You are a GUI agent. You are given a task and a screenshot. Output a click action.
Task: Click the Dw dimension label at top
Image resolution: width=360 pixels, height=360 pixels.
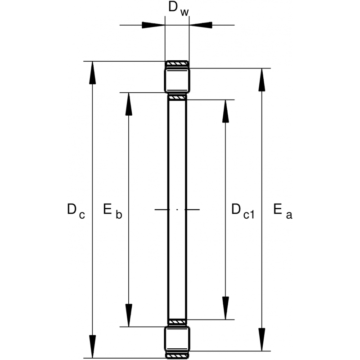[179, 9]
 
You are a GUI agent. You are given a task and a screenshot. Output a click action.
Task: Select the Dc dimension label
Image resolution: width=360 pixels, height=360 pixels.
[76, 211]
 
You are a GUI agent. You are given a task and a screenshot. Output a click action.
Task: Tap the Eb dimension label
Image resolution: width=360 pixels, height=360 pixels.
[112, 211]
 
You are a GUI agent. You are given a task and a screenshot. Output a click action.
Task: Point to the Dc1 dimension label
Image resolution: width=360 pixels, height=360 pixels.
[243, 211]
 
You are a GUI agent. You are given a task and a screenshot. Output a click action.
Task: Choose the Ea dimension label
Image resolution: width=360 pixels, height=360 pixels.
[283, 211]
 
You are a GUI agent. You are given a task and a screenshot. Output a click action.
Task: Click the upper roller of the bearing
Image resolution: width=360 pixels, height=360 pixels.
[177, 81]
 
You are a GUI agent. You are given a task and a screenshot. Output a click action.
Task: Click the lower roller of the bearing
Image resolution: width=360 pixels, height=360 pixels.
[177, 339]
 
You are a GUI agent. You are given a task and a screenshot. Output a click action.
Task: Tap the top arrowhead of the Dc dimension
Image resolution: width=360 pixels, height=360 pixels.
[92, 73]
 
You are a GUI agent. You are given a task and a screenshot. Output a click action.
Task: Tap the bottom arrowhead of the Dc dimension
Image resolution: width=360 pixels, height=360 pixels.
[92, 346]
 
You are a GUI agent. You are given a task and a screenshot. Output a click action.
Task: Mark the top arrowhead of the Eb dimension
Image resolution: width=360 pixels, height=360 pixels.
[129, 104]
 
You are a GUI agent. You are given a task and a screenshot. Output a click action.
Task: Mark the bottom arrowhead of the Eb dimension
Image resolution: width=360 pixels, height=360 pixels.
[129, 315]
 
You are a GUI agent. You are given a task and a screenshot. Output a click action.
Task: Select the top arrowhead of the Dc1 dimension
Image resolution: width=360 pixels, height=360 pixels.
[225, 111]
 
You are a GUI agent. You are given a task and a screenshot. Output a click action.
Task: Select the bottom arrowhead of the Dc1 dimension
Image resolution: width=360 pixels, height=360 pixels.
[225, 308]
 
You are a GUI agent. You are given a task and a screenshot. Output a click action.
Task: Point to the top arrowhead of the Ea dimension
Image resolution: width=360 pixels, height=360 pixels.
[262, 80]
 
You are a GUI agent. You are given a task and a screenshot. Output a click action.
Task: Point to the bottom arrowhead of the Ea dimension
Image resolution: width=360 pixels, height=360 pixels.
[262, 340]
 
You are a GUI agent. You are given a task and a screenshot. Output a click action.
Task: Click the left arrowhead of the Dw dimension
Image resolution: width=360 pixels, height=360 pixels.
[153, 25]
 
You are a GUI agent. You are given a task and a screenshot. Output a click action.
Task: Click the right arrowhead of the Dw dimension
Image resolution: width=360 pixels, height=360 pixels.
[201, 25]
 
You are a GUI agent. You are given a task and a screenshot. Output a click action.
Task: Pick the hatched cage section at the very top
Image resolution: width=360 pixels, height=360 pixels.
[177, 63]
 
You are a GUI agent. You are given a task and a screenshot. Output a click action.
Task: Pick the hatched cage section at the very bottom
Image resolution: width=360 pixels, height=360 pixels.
[177, 356]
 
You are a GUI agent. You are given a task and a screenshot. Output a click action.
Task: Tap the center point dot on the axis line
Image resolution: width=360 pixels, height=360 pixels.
[177, 209]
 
